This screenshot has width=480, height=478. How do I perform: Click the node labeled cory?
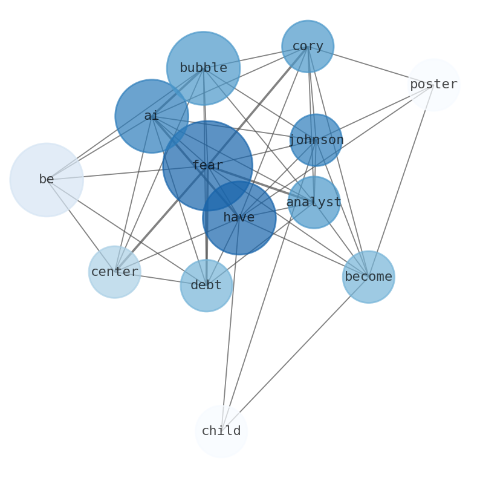308,46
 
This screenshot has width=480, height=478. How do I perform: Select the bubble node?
203,68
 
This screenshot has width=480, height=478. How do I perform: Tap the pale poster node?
433,85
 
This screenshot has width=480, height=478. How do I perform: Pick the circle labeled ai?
151,116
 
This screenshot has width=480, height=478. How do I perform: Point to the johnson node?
316,140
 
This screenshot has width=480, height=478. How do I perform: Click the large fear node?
207,165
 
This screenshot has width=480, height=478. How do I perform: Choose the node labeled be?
47,180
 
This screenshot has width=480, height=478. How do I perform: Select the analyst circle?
314,202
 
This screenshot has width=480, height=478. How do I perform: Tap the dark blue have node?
239,218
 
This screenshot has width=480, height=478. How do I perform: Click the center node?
114,272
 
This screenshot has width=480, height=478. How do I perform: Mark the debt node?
206,285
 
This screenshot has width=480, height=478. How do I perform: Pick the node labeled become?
368,277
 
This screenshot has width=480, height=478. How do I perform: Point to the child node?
221,431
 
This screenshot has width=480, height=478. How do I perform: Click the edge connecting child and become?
295,354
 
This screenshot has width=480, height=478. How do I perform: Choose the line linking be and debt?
126,232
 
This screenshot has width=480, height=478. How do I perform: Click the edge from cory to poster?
371,65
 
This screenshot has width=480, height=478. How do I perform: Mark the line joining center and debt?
160,278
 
